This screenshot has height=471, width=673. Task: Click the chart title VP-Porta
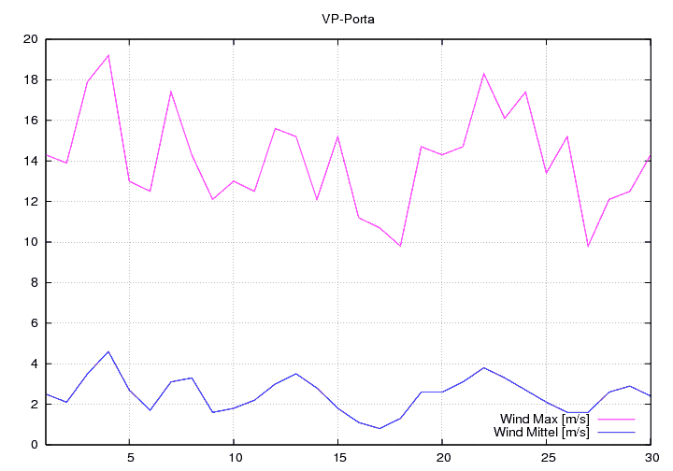click(348, 18)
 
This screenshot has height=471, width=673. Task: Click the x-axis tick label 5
click(129, 458)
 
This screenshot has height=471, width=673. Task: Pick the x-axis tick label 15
click(337, 458)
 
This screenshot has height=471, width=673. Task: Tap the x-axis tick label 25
click(546, 458)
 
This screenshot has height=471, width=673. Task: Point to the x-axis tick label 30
click(650, 458)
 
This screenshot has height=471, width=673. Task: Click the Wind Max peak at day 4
click(108, 55)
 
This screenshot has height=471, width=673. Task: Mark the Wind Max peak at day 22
click(483, 74)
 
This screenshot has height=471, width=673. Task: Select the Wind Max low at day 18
click(400, 246)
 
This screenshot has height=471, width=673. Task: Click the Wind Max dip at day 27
click(588, 246)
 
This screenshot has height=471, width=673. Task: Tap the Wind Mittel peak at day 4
click(108, 351)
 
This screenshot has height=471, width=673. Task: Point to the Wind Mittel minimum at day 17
click(379, 428)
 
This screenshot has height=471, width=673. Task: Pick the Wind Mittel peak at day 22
click(483, 367)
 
